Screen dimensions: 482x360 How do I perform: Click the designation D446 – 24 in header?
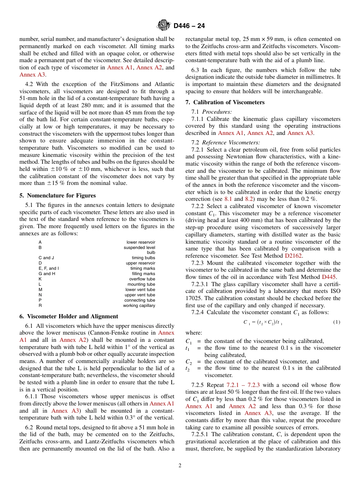tap(189, 26)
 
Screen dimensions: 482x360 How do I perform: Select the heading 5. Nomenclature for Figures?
tap(57, 196)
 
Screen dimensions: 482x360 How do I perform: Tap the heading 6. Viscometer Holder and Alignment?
tap(69, 316)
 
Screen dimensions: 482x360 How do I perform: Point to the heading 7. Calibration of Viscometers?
tap(225, 102)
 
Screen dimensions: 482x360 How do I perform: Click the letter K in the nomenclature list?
tap(40, 279)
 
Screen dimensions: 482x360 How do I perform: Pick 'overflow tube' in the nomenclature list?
tap(142, 279)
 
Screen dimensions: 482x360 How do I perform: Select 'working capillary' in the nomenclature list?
tap(139, 305)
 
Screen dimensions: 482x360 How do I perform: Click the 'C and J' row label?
tap(46, 258)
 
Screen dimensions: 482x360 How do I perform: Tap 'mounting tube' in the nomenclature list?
tap(141, 284)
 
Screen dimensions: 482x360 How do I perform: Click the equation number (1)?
tap(337, 322)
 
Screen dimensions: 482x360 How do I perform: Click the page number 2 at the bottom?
tap(180, 466)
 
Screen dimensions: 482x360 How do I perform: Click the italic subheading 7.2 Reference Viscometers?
tap(226, 142)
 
